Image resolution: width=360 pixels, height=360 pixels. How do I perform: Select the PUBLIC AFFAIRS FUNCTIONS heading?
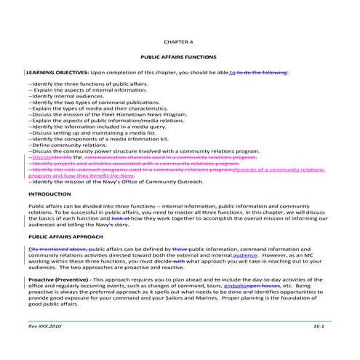[179, 57]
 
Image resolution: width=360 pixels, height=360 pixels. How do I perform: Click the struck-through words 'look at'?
[121, 219]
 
